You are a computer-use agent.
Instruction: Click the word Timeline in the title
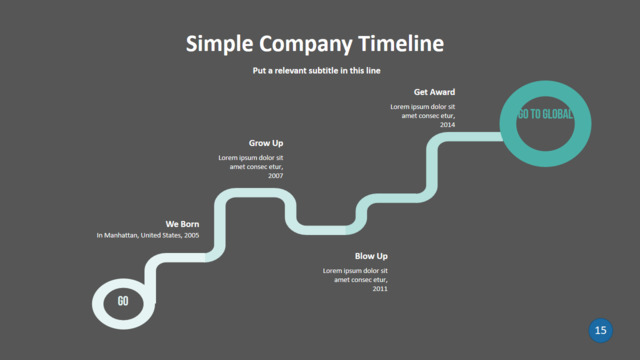click(401, 43)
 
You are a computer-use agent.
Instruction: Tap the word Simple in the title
click(220, 44)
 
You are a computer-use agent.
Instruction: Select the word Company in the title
click(306, 44)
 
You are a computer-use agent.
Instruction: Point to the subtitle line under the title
click(316, 71)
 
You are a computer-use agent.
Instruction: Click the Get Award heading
click(434, 92)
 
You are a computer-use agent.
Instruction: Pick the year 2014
click(447, 125)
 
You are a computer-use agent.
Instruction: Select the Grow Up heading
click(266, 143)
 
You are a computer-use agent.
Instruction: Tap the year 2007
click(276, 176)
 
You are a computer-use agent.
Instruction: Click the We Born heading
click(182, 224)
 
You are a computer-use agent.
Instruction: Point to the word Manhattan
click(121, 235)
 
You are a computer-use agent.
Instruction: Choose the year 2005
click(191, 235)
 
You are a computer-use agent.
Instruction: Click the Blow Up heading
click(371, 256)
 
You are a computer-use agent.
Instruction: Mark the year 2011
click(380, 289)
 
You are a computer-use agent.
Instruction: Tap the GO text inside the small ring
click(123, 301)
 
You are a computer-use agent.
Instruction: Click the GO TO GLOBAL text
click(545, 114)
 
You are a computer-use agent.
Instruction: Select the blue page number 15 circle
click(600, 330)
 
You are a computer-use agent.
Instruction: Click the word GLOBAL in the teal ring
click(558, 114)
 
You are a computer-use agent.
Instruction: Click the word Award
click(442, 92)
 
